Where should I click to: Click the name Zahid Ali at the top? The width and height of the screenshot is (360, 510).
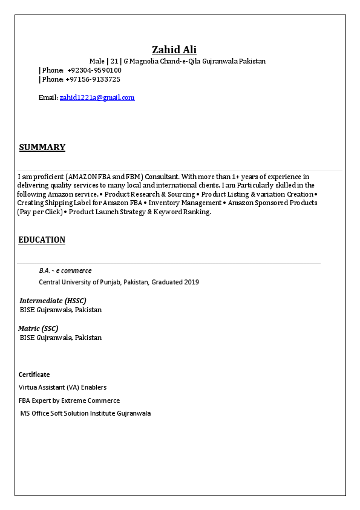pyautogui.click(x=174, y=50)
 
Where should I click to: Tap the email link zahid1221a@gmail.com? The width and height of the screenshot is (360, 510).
pyautogui.click(x=97, y=97)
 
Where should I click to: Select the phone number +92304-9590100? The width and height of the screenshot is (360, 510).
pyautogui.click(x=94, y=70)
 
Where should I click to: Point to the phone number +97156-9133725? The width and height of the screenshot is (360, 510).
pyautogui.click(x=93, y=79)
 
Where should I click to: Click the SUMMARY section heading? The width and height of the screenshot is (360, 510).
pyautogui.click(x=42, y=147)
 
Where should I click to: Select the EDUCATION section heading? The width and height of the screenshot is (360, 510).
pyautogui.click(x=42, y=240)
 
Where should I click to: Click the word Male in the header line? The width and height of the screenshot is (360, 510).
pyautogui.click(x=97, y=61)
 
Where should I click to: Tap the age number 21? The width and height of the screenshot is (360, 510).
pyautogui.click(x=114, y=61)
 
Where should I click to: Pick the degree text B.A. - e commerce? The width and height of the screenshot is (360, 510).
pyautogui.click(x=65, y=270)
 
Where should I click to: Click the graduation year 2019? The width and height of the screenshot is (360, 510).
pyautogui.click(x=191, y=282)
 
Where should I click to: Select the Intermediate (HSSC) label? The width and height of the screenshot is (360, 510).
pyautogui.click(x=53, y=301)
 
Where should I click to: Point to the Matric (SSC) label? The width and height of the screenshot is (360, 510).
pyautogui.click(x=38, y=329)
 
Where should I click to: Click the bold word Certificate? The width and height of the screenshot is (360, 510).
pyautogui.click(x=34, y=374)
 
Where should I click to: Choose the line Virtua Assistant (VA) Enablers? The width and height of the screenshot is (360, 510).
pyautogui.click(x=62, y=387)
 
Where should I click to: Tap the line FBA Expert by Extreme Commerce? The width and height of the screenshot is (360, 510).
pyautogui.click(x=69, y=400)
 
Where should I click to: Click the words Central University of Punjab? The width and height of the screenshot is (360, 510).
pyautogui.click(x=80, y=282)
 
